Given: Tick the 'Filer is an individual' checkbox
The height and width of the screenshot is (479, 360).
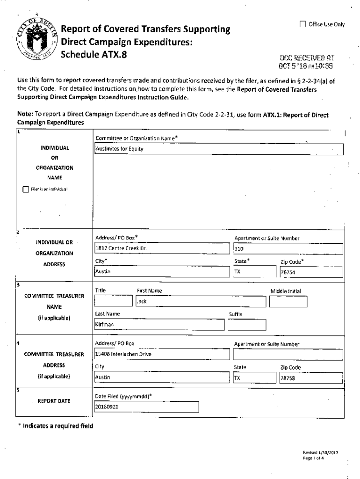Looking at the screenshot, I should tap(26, 189).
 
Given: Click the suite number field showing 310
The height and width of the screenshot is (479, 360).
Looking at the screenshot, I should tap(288, 249).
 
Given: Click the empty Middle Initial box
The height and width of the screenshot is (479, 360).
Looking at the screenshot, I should tap(288, 302).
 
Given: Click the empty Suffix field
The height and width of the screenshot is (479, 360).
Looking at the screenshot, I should tap(247, 325).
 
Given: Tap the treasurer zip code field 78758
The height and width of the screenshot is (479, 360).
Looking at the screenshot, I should tap(310, 378).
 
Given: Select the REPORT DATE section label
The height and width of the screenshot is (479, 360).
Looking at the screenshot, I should tap(54, 401).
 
